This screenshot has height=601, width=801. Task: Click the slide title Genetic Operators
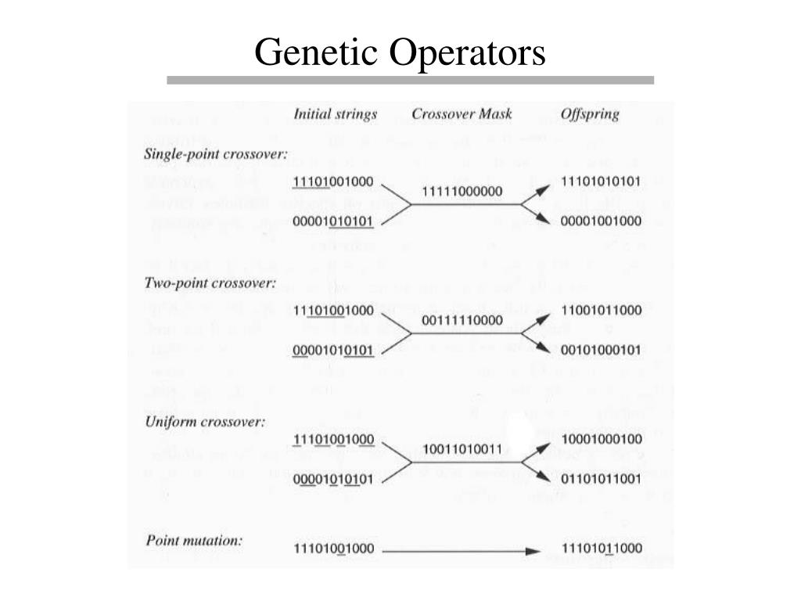click(400, 52)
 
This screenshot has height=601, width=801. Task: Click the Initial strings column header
click(335, 114)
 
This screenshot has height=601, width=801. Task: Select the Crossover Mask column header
click(462, 114)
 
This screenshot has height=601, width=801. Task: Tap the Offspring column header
click(590, 114)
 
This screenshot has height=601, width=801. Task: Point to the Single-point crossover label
click(216, 154)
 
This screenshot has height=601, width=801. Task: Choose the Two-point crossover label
click(210, 283)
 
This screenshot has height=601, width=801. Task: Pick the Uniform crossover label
click(205, 422)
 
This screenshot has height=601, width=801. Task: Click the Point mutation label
click(194, 541)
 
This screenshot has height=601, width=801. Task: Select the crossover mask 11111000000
click(462, 191)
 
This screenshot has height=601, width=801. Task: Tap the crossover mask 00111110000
click(462, 320)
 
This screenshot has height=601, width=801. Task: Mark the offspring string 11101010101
click(602, 182)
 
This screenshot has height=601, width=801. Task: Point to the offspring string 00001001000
click(602, 221)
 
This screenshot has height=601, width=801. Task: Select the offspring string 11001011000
click(602, 310)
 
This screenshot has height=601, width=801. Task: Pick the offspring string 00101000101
click(602, 349)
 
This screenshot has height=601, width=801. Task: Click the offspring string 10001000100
click(602, 438)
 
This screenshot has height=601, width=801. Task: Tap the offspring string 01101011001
click(602, 477)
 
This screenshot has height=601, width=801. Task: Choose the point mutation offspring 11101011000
click(602, 548)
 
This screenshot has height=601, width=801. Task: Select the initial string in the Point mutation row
click(334, 548)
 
